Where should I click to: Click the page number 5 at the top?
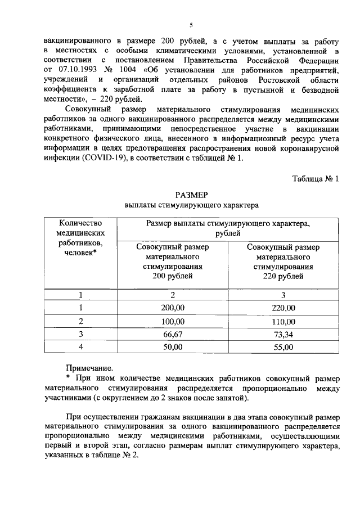[191, 25]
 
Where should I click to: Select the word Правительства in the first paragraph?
[209, 60]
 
